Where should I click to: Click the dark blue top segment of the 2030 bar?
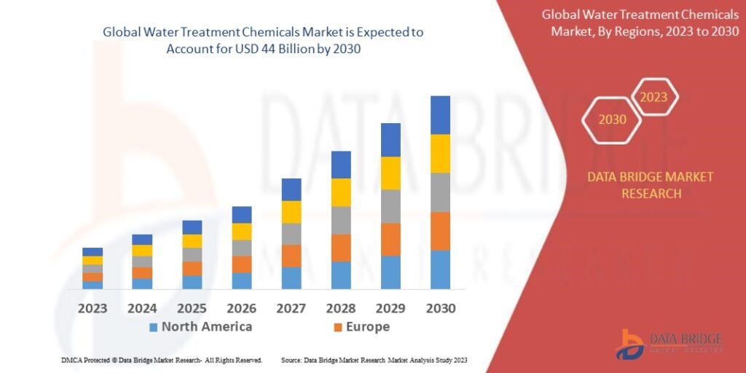[440, 115]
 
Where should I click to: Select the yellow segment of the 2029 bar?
[390, 173]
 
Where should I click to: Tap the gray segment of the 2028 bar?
[341, 220]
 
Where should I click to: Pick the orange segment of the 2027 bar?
[291, 256]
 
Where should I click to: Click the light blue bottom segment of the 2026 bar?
[242, 280]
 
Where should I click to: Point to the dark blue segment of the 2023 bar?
[93, 252]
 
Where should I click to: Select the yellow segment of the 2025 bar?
[192, 241]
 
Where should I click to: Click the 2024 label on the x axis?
[142, 308]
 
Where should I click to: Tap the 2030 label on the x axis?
[440, 308]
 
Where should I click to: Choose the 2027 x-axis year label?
[291, 308]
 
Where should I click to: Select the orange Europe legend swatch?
[337, 327]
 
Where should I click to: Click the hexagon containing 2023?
[653, 97]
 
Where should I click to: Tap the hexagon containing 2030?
[612, 119]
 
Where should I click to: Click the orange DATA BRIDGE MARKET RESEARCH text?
[640, 185]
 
